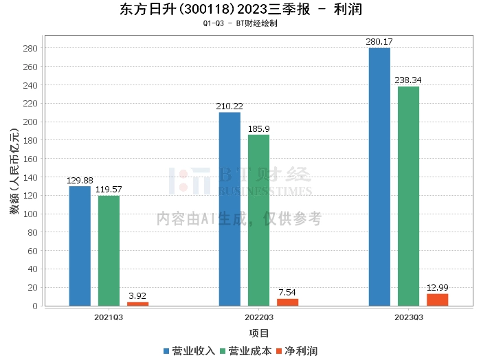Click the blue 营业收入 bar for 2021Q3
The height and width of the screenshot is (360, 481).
click(x=80, y=246)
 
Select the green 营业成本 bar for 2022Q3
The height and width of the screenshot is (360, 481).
click(x=258, y=220)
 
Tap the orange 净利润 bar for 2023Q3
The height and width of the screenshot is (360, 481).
click(x=437, y=300)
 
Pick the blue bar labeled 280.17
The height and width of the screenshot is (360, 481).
click(x=379, y=177)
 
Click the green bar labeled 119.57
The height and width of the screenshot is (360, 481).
click(x=109, y=251)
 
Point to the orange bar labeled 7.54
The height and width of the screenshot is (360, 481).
click(x=288, y=302)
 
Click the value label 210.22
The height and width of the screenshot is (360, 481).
click(x=230, y=106)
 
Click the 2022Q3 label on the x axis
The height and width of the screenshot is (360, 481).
click(x=258, y=317)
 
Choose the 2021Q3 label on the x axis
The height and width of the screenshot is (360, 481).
click(x=109, y=317)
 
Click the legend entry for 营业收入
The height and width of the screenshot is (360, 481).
click(x=189, y=351)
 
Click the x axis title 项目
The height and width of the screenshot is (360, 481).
click(x=258, y=333)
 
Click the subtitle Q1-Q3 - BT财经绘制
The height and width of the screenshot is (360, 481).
click(x=240, y=23)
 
